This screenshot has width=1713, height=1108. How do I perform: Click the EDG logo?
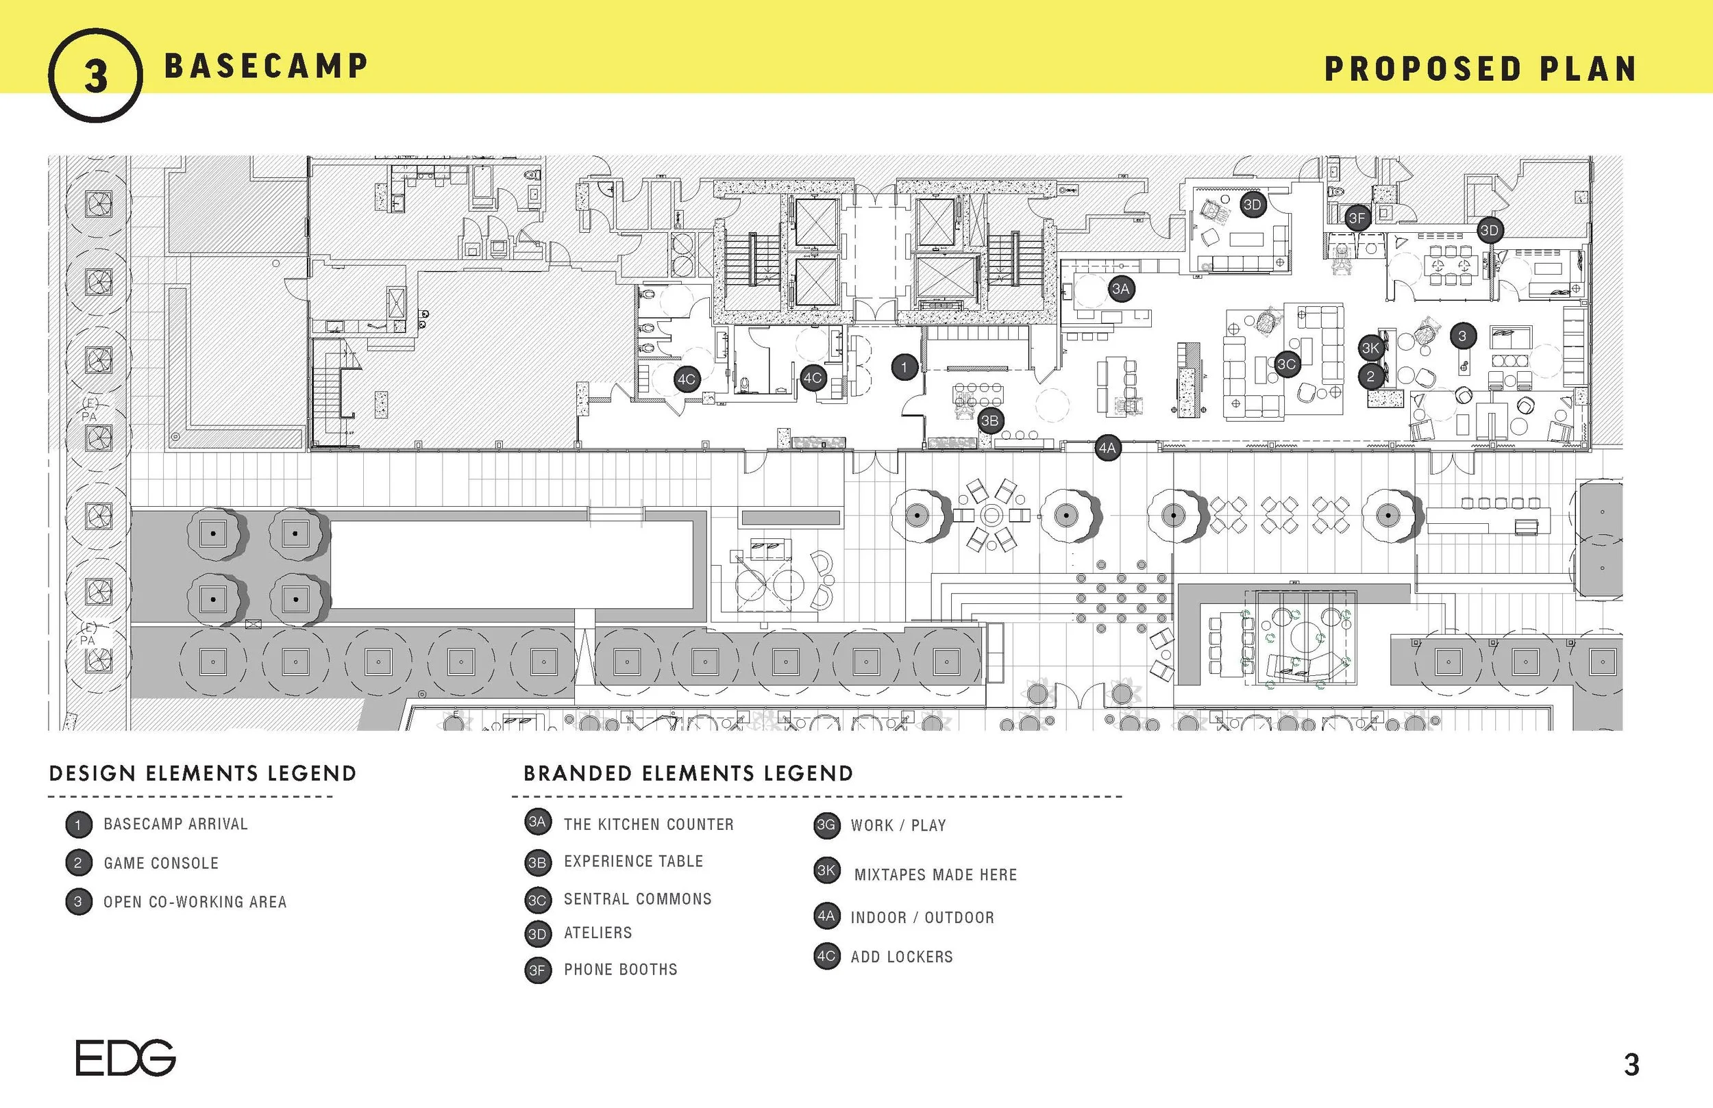tap(125, 1057)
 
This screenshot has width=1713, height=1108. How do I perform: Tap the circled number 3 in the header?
tap(96, 75)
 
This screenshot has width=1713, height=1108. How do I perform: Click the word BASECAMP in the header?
tap(266, 66)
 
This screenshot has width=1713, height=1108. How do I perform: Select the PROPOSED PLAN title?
tap(1481, 69)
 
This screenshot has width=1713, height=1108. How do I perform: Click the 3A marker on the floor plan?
tap(1121, 289)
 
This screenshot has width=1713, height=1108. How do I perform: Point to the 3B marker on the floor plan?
tap(989, 421)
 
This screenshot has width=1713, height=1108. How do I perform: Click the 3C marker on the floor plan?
tap(1286, 364)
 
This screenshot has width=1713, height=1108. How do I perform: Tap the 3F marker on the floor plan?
tap(1357, 218)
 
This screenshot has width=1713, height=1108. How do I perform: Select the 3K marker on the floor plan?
tap(1370, 349)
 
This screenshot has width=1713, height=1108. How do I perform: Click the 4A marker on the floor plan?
tap(1107, 449)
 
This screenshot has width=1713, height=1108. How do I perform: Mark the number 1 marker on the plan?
tap(904, 367)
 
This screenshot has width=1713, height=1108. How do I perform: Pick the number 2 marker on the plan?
tap(1370, 376)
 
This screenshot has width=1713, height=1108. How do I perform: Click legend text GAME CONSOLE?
tap(160, 863)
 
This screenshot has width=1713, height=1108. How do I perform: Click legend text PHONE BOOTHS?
tap(620, 969)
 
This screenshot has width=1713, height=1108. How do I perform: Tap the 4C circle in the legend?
tap(826, 956)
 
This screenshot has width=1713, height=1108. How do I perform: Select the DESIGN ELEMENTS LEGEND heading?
tap(202, 773)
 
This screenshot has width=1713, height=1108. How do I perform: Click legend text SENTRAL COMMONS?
tap(637, 898)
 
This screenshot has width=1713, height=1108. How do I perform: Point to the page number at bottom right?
tap(1631, 1064)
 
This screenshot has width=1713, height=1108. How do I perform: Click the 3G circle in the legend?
tap(826, 825)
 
